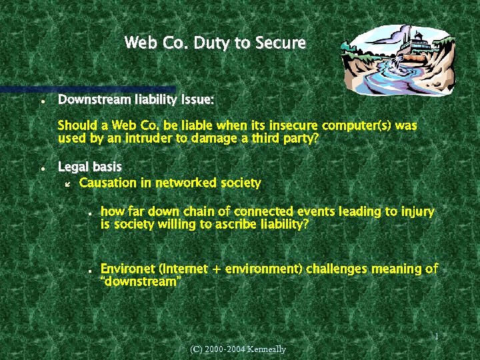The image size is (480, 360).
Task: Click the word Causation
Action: [x=107, y=183]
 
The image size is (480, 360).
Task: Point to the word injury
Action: [x=417, y=212]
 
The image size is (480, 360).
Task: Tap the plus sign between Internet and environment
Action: [x=217, y=269]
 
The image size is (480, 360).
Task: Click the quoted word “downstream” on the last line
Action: [x=140, y=282]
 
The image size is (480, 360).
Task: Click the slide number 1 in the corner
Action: [x=436, y=337]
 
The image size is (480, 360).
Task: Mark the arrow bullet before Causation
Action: [x=67, y=183]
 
